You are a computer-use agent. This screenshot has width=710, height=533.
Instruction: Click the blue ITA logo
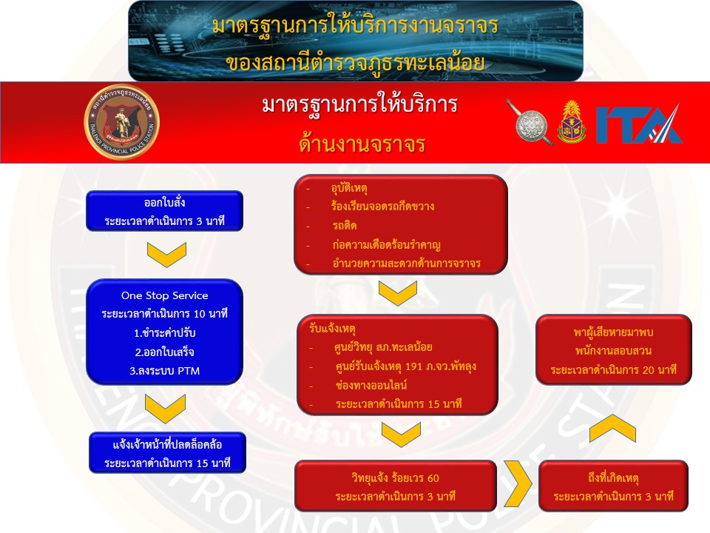click(x=638, y=124)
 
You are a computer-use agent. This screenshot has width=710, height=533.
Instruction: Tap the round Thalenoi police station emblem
click(x=122, y=122)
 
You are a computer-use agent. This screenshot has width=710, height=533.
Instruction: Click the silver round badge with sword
click(x=530, y=122)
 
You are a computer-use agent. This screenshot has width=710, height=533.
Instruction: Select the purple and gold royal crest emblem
click(x=572, y=122)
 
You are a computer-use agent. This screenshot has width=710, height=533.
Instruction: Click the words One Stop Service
click(x=165, y=295)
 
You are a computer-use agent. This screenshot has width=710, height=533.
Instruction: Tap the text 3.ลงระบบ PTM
click(x=165, y=371)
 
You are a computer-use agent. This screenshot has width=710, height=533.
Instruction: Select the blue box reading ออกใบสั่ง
click(x=165, y=211)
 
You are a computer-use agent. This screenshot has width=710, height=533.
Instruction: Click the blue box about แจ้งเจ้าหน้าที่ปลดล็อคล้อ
click(x=168, y=453)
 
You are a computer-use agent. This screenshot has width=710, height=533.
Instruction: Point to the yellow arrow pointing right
click(x=518, y=483)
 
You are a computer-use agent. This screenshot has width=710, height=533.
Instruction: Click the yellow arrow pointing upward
click(x=612, y=429)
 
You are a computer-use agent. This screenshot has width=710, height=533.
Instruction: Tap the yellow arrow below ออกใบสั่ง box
click(x=166, y=254)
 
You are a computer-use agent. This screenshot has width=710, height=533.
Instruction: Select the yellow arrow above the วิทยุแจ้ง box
click(x=401, y=435)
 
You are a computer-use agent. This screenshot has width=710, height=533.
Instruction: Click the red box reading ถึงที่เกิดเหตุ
click(x=614, y=486)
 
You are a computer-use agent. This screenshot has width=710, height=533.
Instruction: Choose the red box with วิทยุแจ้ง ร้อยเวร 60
click(x=396, y=486)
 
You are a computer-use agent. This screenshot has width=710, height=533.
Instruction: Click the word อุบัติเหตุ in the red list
click(x=349, y=188)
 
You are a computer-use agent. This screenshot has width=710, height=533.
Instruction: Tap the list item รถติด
click(x=345, y=225)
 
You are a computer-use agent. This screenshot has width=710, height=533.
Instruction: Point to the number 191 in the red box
click(x=414, y=366)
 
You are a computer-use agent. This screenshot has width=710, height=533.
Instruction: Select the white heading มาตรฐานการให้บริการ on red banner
click(x=360, y=105)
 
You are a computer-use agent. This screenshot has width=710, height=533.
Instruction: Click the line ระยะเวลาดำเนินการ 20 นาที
click(x=614, y=370)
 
